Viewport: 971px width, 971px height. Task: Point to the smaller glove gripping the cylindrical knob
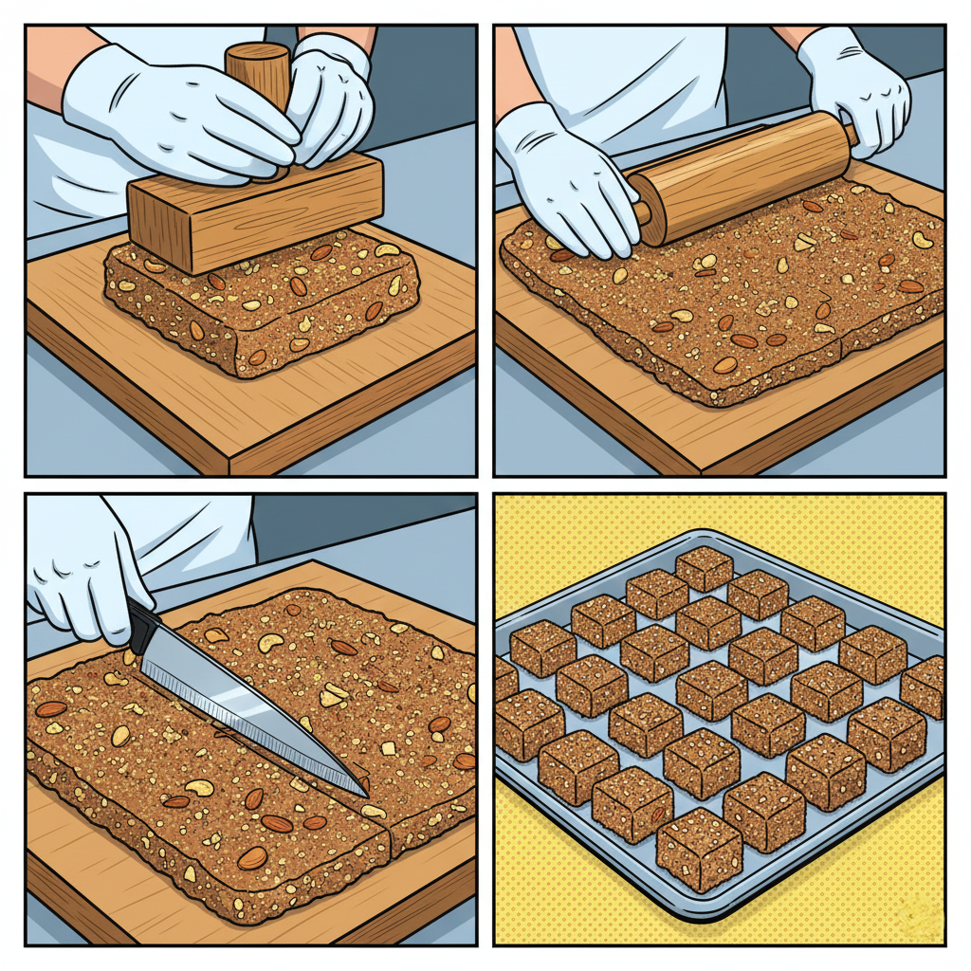coord(332,95)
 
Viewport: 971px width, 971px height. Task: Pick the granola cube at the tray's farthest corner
coord(704,567)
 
